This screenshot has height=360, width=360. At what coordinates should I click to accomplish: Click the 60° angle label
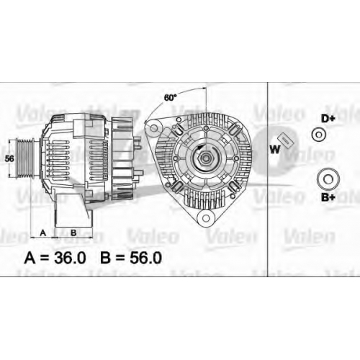click(170, 98)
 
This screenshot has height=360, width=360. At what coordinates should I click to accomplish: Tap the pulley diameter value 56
click(9, 158)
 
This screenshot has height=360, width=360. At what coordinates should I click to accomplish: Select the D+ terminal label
click(328, 119)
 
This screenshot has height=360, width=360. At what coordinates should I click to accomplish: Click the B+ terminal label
click(328, 197)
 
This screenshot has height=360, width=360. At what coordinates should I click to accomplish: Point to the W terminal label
click(275, 150)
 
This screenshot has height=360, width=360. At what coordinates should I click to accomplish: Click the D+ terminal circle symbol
click(319, 135)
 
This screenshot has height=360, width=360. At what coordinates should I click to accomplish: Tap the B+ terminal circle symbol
click(328, 179)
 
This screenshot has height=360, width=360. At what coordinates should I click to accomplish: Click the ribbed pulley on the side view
click(24, 158)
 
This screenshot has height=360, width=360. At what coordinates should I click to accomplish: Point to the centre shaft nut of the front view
click(205, 158)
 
